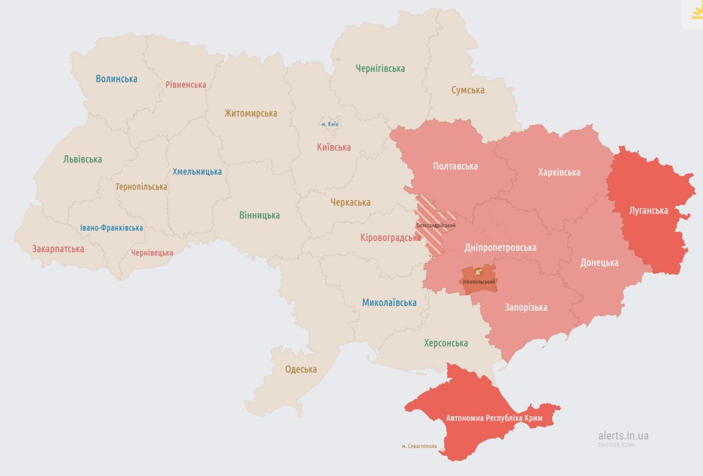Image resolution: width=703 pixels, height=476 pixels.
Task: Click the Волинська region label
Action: pos(116,79)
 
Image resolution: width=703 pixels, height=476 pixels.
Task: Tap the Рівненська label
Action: pos(186,85)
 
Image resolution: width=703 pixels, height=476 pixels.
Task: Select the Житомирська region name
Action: pos(250,114)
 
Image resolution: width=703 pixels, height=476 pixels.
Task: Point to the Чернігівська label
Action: pos(380,69)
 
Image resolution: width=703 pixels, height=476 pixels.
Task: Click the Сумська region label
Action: pos(467,90)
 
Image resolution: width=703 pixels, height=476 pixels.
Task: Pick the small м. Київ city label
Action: pos(330,124)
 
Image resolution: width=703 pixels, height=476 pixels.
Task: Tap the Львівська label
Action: pos(82,160)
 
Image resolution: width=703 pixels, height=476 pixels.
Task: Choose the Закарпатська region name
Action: pos(58,249)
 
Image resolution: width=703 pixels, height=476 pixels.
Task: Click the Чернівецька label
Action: pos(152,253)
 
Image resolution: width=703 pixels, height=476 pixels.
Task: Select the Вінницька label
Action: pos(259,215)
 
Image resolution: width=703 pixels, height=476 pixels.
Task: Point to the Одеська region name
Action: pos(301,369)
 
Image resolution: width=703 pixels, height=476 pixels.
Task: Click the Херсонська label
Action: pos(446,343)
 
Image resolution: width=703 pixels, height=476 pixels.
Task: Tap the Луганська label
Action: pos(649,211)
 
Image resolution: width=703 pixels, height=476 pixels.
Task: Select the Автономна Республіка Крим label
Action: pos(494,418)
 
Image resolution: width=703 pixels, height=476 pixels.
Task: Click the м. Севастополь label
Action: pos(419,446)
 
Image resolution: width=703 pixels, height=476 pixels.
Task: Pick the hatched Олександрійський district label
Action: pos(436,226)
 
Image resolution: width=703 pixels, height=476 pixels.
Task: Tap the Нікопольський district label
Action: pos(479,282)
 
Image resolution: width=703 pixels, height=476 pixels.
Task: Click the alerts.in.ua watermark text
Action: pos(623,436)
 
